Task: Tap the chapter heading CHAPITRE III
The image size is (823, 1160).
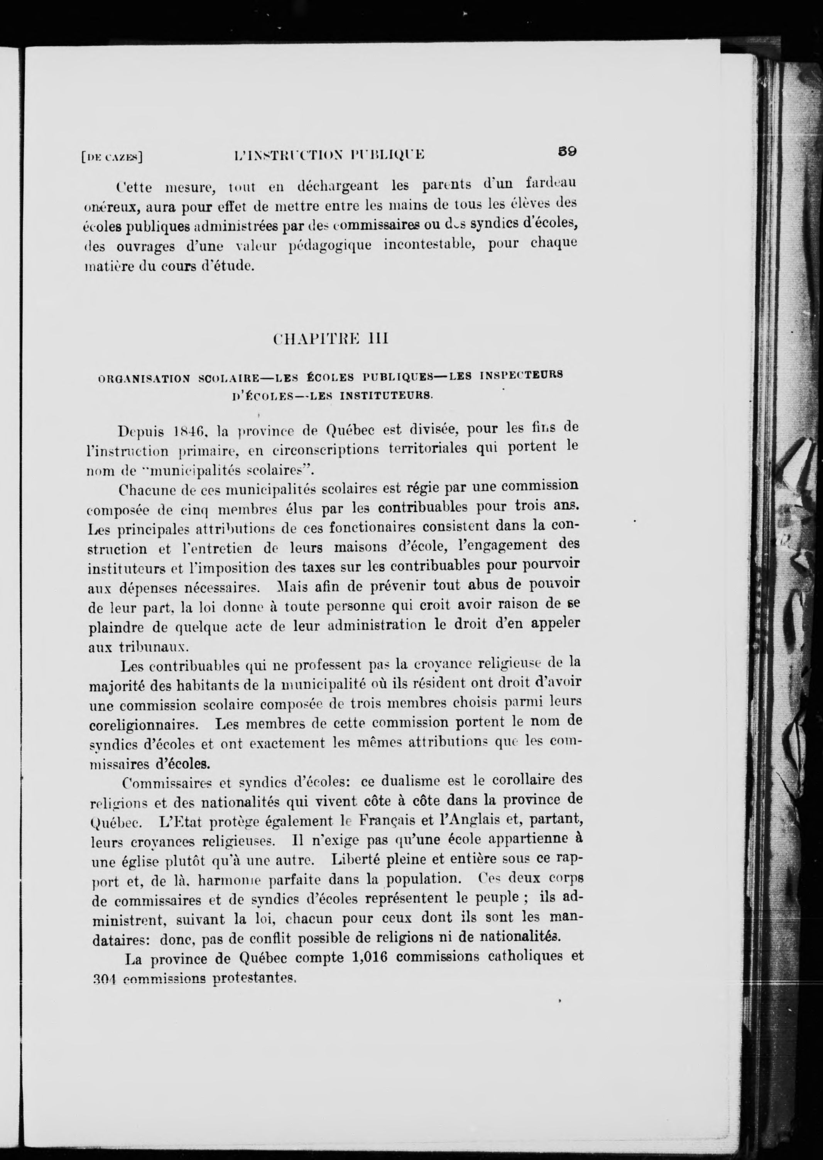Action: pyautogui.click(x=330, y=338)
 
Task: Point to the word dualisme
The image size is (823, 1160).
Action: pyautogui.click(x=409, y=781)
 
